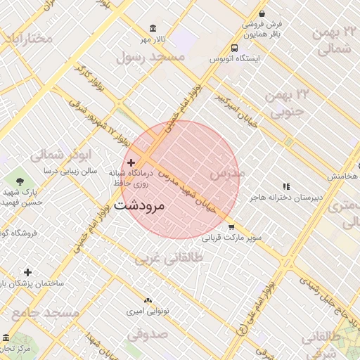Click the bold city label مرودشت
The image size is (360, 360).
(139, 206)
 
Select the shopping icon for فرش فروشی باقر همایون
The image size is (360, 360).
(262, 13)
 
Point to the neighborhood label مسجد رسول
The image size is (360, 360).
(150, 56)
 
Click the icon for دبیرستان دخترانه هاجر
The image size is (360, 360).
(285, 186)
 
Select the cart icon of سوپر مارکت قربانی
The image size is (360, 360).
(231, 227)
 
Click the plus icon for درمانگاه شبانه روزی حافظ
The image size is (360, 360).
(131, 162)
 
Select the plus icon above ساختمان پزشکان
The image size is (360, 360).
(27, 271)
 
